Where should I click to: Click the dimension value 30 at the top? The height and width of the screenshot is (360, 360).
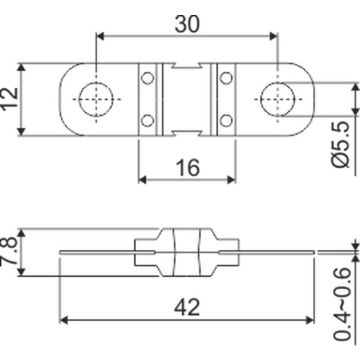click(x=187, y=24)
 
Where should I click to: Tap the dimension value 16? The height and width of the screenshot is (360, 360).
click(x=187, y=167)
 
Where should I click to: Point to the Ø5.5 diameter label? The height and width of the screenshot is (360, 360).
click(x=340, y=144)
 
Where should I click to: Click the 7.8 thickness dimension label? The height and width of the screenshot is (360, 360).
click(x=10, y=251)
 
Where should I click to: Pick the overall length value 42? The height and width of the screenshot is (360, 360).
click(x=187, y=307)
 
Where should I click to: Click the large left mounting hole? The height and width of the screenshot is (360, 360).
click(x=96, y=99)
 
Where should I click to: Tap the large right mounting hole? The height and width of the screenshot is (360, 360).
click(x=278, y=99)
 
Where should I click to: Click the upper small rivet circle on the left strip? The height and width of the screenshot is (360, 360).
click(x=147, y=78)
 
